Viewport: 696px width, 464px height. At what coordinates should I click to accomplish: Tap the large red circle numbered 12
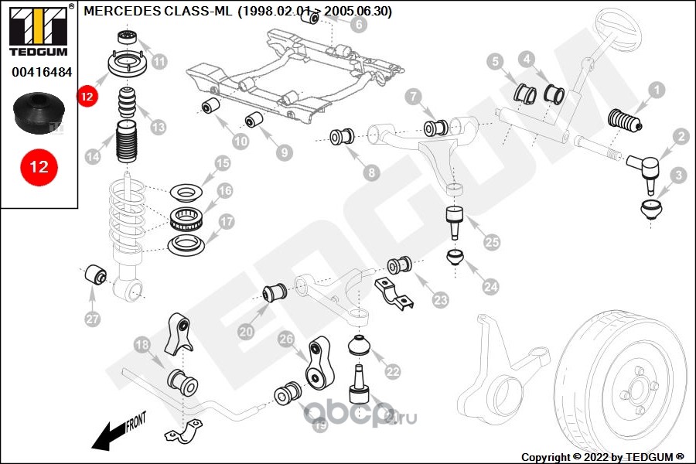tap(39, 166)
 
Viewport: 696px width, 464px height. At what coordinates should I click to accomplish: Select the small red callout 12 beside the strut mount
tap(87, 96)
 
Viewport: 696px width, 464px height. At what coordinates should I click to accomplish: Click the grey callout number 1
tap(657, 90)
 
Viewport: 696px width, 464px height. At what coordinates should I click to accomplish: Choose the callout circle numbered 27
tap(92, 319)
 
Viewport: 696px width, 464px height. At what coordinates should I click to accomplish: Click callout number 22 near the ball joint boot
tap(393, 372)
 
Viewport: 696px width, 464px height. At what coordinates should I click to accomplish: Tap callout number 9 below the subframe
tap(285, 152)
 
